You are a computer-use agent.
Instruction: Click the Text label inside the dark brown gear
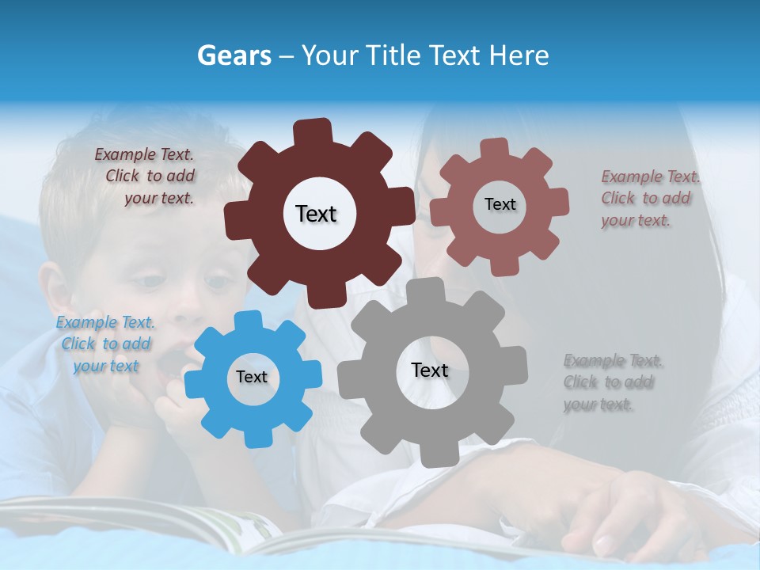pos(316,214)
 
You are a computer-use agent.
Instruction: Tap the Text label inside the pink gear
pos(500,204)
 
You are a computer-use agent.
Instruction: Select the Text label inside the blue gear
pos(252,377)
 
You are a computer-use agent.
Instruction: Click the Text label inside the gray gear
pos(430,370)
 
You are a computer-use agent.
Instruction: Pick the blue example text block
pos(104,344)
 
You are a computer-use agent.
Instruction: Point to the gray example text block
pos(611,382)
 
